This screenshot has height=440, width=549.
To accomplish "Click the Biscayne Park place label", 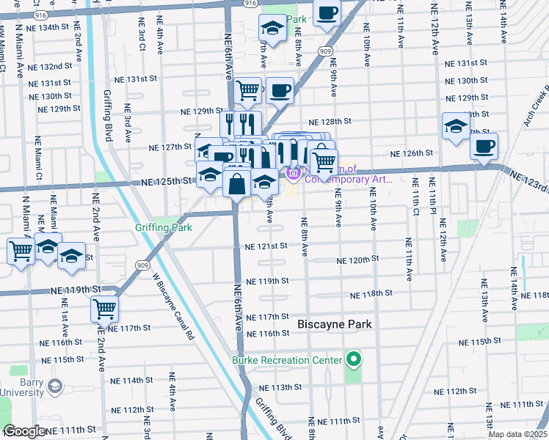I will [x=335, y=323].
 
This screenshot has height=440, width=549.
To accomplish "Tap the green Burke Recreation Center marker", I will [x=353, y=359].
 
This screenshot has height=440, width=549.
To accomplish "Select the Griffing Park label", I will [x=163, y=227].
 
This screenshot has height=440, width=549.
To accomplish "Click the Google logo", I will [x=23, y=431].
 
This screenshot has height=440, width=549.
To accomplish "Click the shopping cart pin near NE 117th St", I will [x=105, y=308].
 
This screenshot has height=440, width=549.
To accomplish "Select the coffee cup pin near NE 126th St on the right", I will [x=484, y=145].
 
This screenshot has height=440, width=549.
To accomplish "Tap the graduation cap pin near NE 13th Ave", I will [x=456, y=126].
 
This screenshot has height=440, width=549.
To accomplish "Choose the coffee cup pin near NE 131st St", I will [x=280, y=90].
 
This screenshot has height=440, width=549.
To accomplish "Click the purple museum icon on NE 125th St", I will [x=293, y=174].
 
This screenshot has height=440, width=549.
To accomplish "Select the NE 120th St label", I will [x=357, y=260].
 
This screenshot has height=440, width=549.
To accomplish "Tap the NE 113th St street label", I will [x=272, y=387].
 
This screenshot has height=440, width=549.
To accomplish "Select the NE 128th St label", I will [x=330, y=122].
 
